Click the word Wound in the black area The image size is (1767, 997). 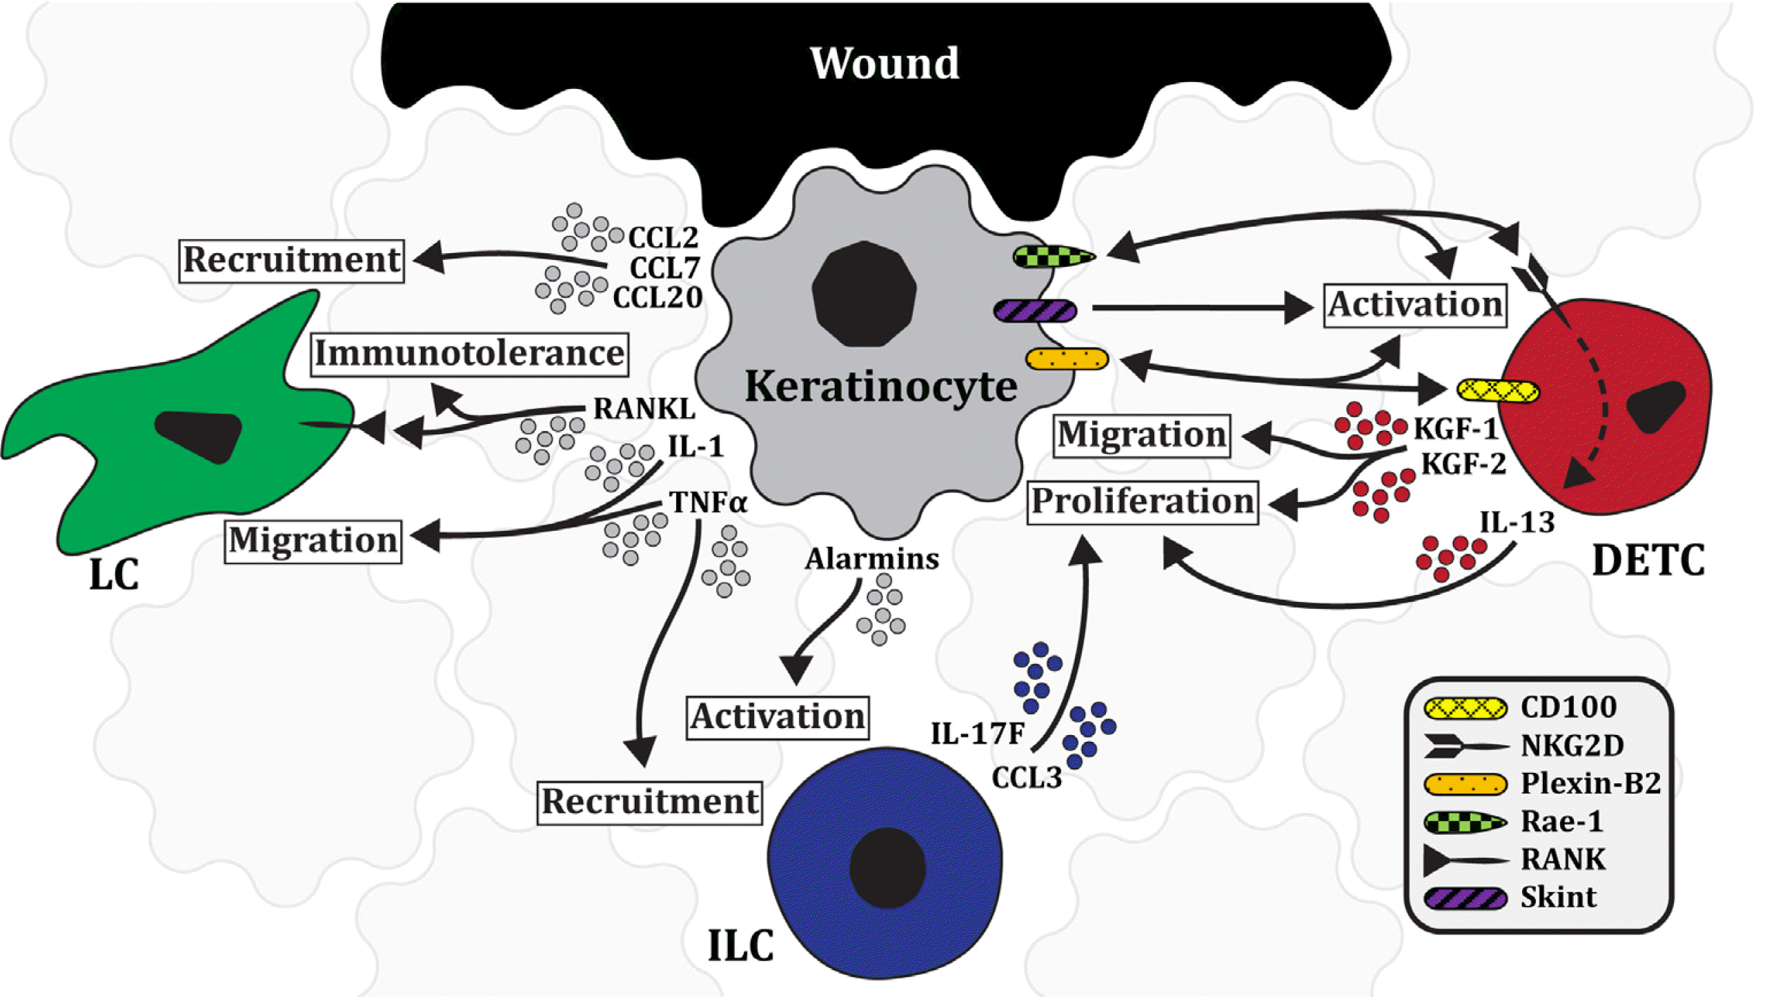point(884,63)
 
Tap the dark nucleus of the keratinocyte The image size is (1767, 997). point(864,294)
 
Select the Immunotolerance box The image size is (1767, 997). point(469,354)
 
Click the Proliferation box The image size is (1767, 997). point(1142,502)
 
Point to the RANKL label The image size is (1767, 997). point(644,409)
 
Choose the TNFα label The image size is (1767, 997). point(708,503)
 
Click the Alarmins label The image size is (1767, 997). point(871,558)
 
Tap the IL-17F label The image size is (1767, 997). point(977,734)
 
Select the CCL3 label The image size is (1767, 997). point(1027,778)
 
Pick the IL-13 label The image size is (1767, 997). point(1517,523)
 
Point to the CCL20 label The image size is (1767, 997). point(658,298)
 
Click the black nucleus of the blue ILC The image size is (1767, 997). point(887,868)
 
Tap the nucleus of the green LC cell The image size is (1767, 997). point(198,434)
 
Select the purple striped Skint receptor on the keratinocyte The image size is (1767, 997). point(1035,310)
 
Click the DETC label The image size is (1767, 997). point(1648,561)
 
